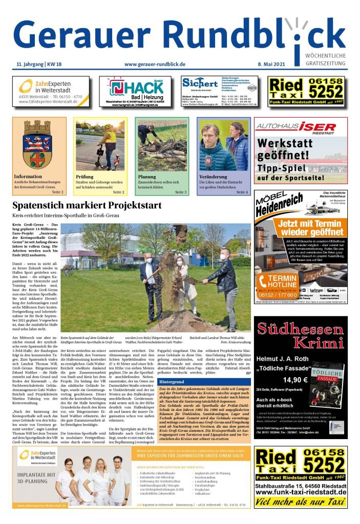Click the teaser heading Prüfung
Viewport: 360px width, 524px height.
tap(86, 177)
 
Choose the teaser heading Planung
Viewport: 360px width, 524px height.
tap(147, 177)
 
